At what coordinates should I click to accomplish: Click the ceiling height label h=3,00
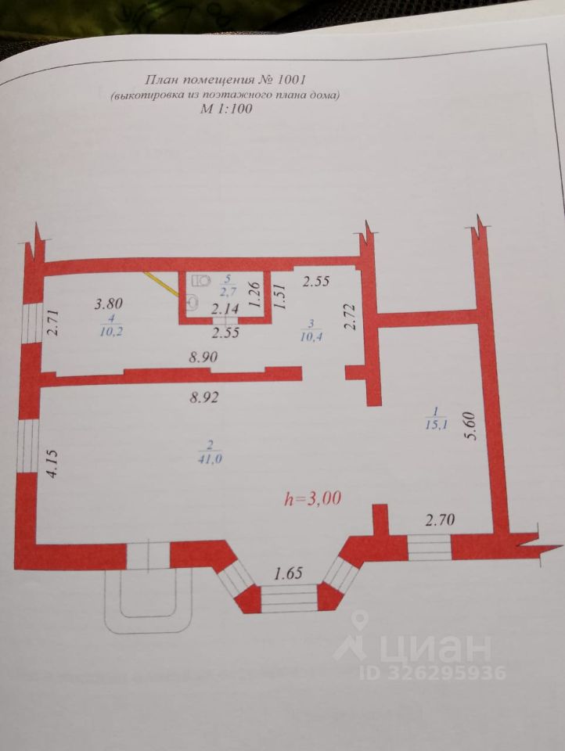[313, 498]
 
